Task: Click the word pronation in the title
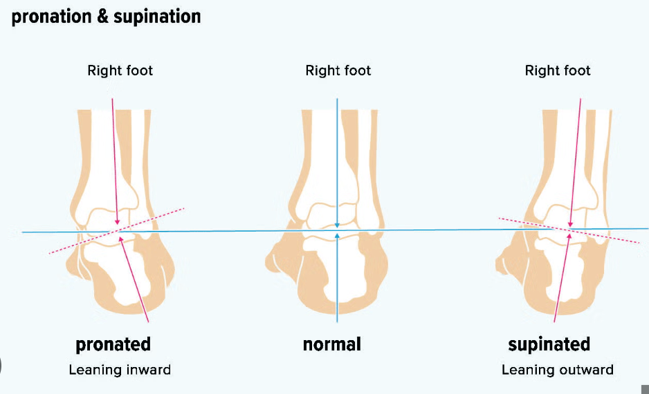51,17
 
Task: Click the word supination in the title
159,17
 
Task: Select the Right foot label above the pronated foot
120,71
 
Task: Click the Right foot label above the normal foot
338,71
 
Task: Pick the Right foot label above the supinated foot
558,71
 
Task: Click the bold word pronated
113,344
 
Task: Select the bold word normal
331,344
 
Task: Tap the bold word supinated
549,344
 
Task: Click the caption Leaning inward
120,370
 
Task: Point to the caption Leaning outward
557,370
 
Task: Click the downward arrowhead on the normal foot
337,224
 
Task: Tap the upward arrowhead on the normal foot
337,236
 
